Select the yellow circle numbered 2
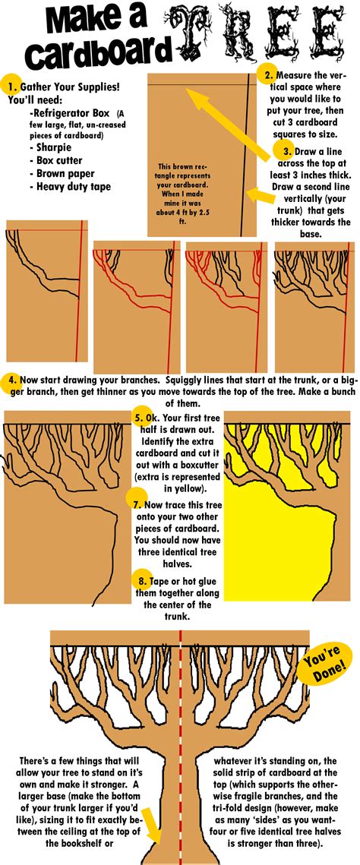267,74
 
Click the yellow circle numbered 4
11,379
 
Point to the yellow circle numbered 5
138,416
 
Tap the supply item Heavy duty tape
73,186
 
